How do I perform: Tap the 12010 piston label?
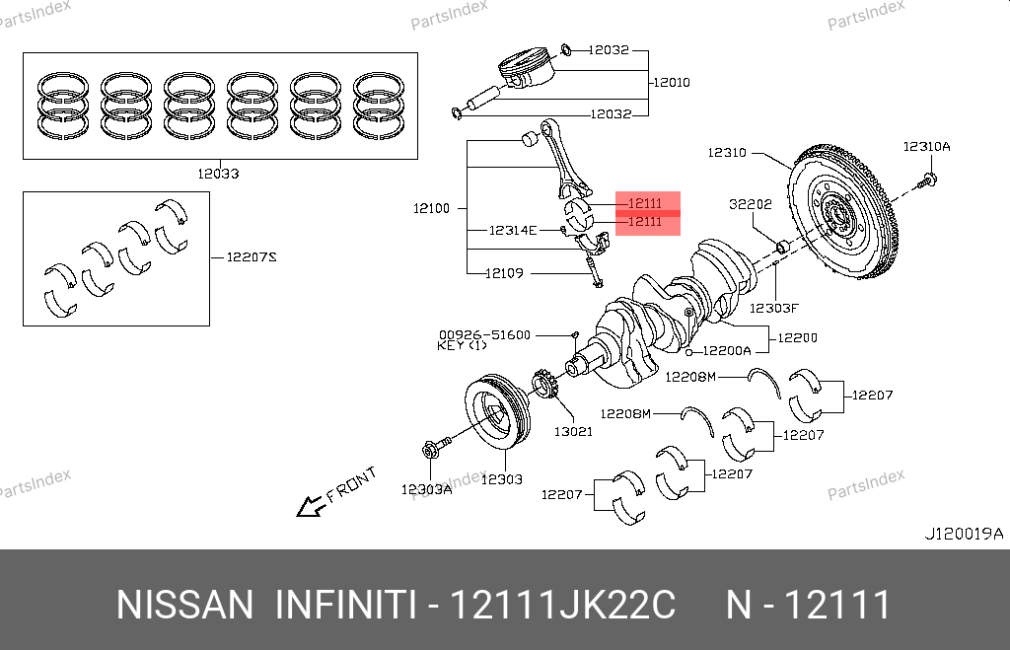point(671,82)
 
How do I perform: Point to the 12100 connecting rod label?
point(431,208)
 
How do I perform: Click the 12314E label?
point(513,231)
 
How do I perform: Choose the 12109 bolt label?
point(504,273)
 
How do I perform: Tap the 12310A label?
point(926,147)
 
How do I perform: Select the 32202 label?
point(750,204)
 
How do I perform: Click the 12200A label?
point(728,350)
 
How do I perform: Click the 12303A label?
point(426,488)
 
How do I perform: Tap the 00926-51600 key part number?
point(484,334)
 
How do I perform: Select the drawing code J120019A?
point(963,534)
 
